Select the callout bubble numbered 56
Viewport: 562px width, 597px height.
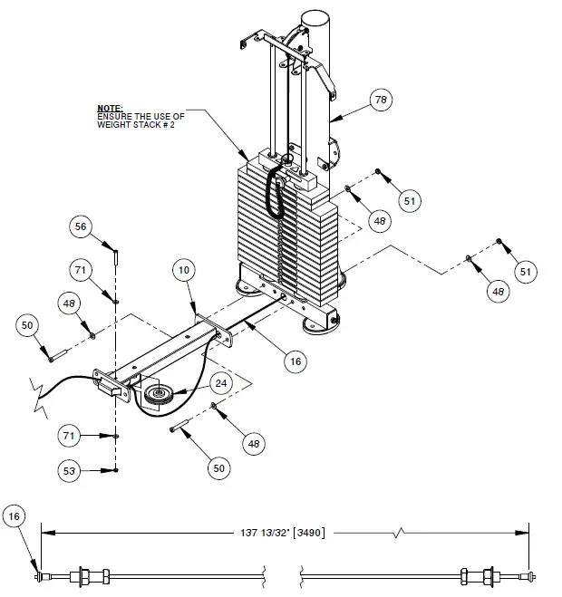pyautogui.click(x=82, y=227)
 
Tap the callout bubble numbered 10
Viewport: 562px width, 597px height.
pyautogui.click(x=184, y=271)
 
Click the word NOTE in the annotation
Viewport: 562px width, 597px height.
pyautogui.click(x=110, y=108)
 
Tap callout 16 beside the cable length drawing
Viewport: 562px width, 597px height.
pyautogui.click(x=15, y=517)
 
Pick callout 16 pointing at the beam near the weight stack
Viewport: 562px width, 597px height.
pyautogui.click(x=294, y=361)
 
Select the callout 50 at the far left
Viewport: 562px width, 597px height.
pyautogui.click(x=27, y=324)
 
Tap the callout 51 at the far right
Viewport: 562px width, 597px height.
pyautogui.click(x=526, y=271)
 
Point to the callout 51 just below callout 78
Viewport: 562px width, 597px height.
pyautogui.click(x=411, y=200)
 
